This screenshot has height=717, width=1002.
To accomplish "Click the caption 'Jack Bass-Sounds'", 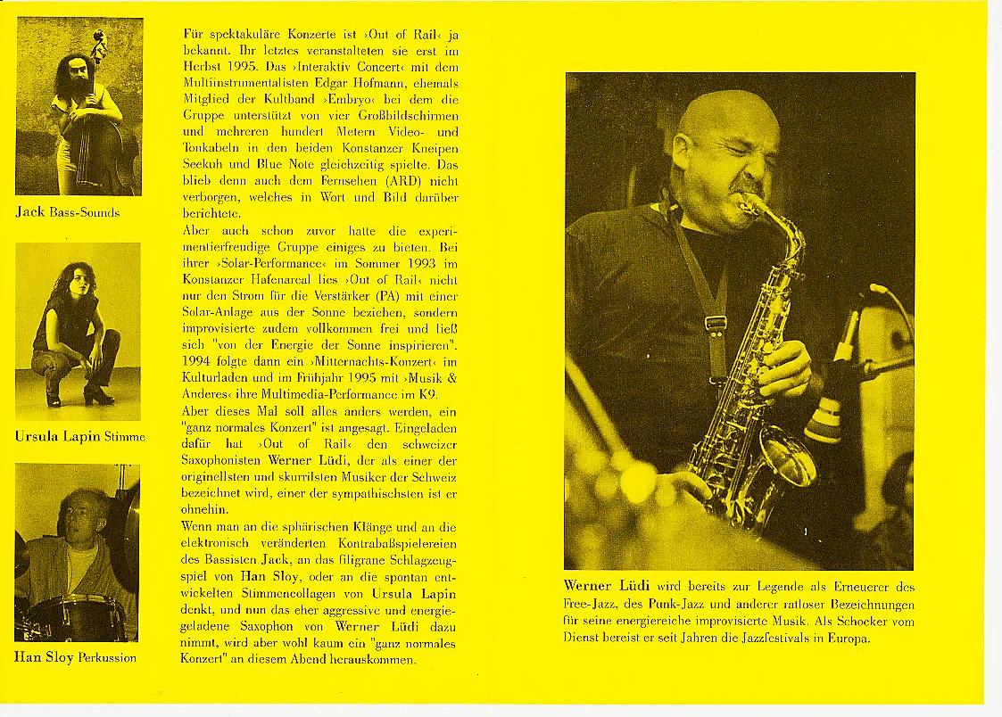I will [x=67, y=212].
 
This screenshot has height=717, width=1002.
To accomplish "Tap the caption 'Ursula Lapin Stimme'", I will [x=79, y=436].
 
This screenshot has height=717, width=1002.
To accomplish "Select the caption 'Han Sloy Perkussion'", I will [x=75, y=657].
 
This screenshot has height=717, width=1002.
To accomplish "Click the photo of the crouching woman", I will [x=78, y=331].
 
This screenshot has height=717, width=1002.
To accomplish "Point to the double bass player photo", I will [x=79, y=106].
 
